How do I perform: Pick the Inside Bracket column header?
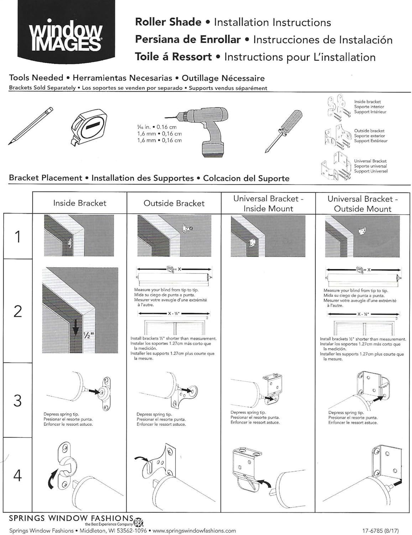pos(80,203)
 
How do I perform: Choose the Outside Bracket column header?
pos(174,203)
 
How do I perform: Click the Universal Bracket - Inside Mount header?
pos(268,204)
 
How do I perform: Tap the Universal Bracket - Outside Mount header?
pos(363,204)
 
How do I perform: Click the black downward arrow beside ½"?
pos(75,328)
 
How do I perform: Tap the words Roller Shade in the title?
pos(168,22)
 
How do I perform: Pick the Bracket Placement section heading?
pos(46,178)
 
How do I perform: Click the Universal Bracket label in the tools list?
pos(370,161)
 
